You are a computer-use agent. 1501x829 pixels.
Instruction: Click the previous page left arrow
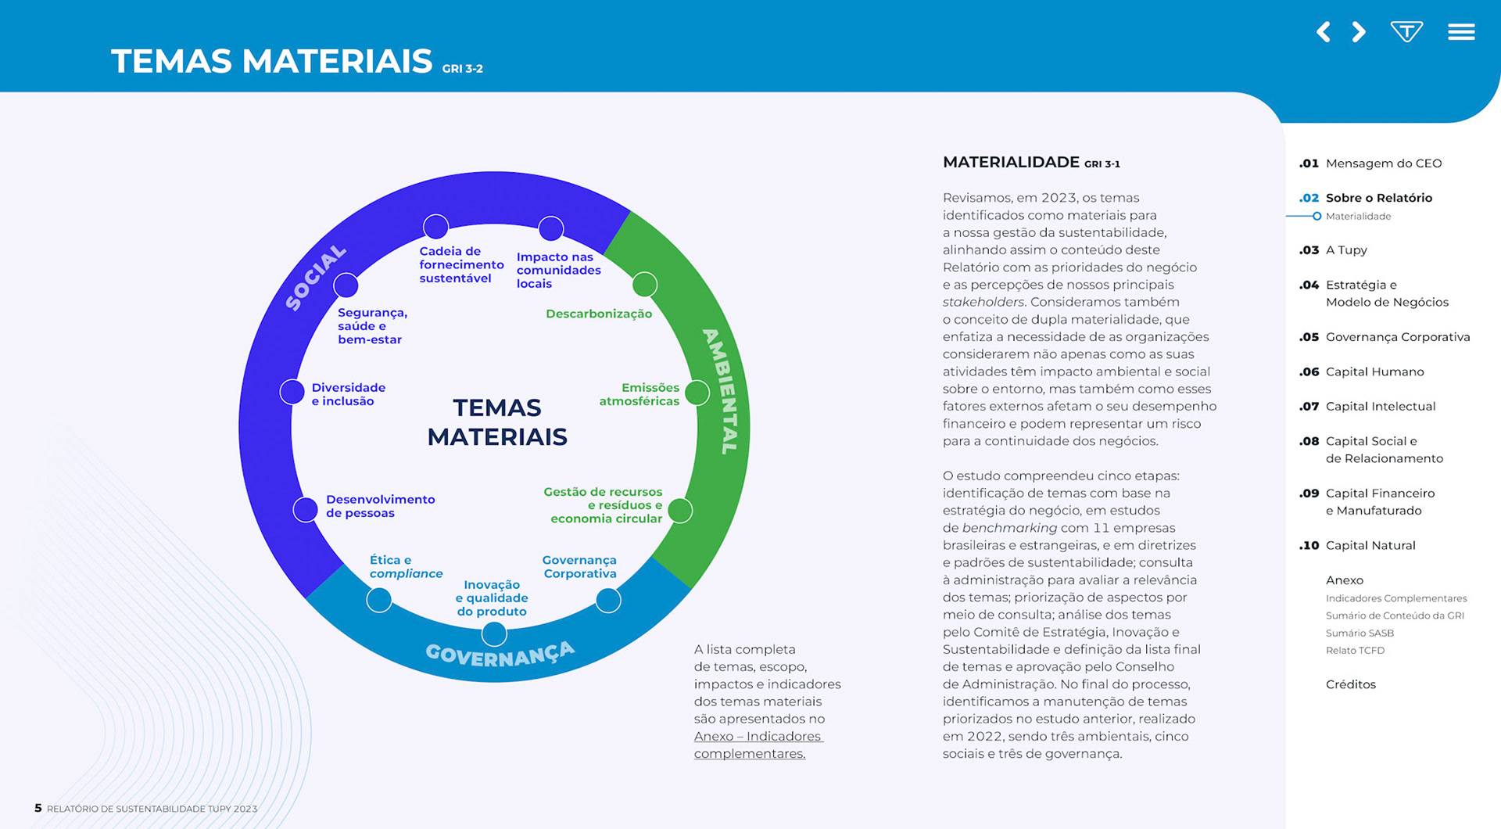[x=1323, y=32]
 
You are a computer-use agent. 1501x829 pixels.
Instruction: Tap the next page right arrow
[x=1359, y=32]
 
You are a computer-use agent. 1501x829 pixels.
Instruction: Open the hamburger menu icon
[x=1460, y=32]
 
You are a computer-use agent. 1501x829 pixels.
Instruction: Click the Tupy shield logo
[x=1406, y=31]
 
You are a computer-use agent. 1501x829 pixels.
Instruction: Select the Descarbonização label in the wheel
[x=598, y=314]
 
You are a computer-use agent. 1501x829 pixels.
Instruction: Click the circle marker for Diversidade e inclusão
[x=292, y=392]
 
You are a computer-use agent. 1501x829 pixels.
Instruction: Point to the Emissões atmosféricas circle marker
[x=697, y=393]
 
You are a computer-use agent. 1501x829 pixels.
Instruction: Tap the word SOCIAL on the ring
[x=315, y=278]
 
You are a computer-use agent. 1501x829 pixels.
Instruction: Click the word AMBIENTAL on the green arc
[x=721, y=391]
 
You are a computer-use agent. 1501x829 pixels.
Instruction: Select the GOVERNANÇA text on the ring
[x=500, y=654]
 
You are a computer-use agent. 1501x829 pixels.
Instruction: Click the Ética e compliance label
[x=406, y=567]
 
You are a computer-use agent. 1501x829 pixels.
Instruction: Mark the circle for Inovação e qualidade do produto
[x=494, y=633]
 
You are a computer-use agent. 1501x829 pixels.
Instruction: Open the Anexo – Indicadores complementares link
[x=758, y=745]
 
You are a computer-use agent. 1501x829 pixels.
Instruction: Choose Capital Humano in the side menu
[x=1374, y=371]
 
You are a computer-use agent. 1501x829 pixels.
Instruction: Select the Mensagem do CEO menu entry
[x=1383, y=163]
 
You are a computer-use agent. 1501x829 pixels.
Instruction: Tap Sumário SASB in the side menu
[x=1359, y=633]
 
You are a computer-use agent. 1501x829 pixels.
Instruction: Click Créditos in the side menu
[x=1350, y=684]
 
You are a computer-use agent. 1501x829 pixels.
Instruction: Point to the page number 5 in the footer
[x=38, y=808]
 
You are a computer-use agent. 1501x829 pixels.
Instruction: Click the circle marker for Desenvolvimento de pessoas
[x=305, y=509]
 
